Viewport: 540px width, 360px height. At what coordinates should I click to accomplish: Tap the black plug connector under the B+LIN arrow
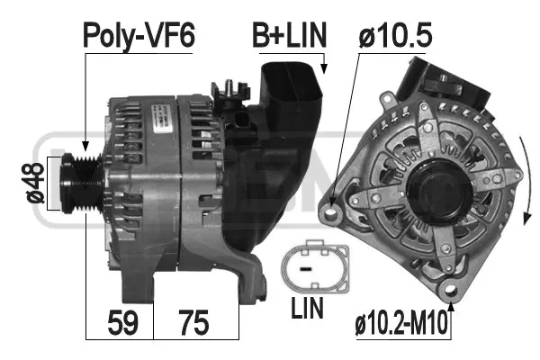point(291,99)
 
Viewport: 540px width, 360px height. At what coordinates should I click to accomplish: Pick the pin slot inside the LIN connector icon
point(306,268)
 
